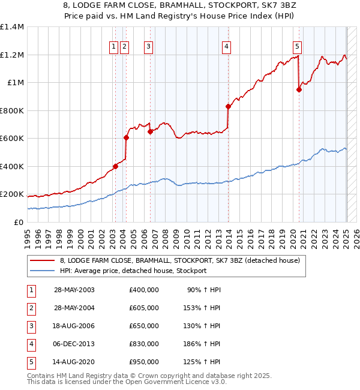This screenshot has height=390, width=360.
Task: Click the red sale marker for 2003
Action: click(x=115, y=166)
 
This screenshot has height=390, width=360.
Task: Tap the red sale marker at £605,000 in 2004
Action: click(x=126, y=138)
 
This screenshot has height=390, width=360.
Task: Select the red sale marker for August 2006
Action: click(x=150, y=132)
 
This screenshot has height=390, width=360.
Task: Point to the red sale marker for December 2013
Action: click(x=228, y=107)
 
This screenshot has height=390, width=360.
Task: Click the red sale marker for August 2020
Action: click(x=299, y=90)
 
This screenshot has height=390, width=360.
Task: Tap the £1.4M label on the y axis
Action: click(x=12, y=27)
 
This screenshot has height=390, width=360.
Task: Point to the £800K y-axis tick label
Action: click(x=12, y=110)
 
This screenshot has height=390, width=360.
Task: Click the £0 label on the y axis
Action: click(x=18, y=222)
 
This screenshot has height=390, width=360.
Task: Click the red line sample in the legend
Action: click(x=43, y=260)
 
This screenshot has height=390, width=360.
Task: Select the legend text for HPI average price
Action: click(x=133, y=271)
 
